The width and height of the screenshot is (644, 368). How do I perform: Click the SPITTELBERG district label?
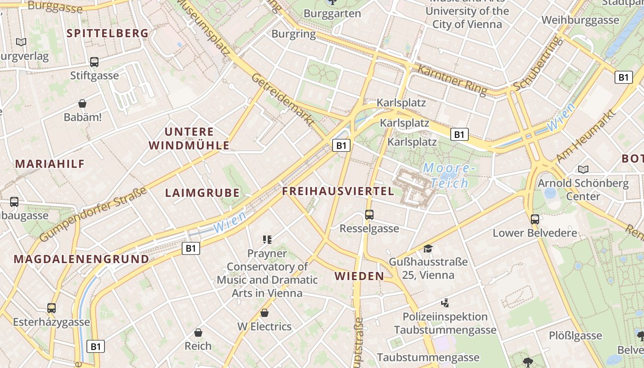tap(108, 33)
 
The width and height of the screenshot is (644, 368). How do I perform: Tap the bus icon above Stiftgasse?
tap(94, 62)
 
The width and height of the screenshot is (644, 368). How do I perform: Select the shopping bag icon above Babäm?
tap(82, 103)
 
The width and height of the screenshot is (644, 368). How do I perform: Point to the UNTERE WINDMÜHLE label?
tap(189, 138)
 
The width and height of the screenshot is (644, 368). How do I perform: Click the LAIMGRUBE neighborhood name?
tap(202, 193)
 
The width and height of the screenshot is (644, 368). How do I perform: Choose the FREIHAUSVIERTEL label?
tap(338, 191)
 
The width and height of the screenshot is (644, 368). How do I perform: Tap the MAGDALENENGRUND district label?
tap(81, 259)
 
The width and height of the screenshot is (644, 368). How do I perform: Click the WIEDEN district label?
tap(359, 276)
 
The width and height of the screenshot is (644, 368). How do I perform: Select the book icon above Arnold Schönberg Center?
tap(583, 169)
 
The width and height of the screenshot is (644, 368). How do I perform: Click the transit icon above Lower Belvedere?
tap(535, 219)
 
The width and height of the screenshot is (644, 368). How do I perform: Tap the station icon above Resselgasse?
tap(369, 214)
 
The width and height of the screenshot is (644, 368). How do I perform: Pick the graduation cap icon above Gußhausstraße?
tap(428, 248)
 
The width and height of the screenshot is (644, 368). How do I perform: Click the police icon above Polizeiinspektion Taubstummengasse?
tap(445, 303)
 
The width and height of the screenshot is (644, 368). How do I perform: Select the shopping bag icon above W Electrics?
tap(264, 313)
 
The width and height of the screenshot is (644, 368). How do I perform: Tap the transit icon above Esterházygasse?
tap(52, 308)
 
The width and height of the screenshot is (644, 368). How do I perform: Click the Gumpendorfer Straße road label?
tap(93, 214)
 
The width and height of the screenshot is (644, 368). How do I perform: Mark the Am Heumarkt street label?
tap(586, 136)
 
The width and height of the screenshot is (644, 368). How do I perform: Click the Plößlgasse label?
tap(575, 335)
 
